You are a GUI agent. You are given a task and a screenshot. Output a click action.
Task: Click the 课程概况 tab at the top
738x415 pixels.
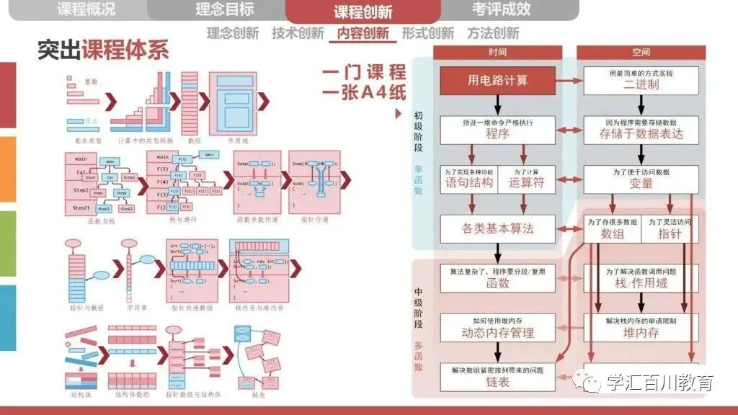point(85,10)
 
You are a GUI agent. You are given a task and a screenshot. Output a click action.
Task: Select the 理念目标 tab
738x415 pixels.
point(224,10)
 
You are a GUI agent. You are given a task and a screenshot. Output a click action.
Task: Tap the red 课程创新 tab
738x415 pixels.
point(363,12)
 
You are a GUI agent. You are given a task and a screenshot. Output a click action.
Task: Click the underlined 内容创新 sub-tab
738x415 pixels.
point(363,34)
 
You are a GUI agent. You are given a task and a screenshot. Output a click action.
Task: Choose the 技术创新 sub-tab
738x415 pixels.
point(298,34)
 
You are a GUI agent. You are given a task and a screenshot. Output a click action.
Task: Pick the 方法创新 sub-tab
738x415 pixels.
point(492,34)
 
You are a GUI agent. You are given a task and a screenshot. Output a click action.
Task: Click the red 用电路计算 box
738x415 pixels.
point(497,80)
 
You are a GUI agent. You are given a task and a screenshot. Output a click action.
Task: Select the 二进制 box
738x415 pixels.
point(641,80)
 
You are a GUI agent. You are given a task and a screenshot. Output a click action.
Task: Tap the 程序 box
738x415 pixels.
point(497,130)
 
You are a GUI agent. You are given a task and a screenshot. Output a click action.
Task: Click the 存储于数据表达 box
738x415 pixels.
point(641,130)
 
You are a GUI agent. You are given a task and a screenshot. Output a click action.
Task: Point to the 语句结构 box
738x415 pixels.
point(468,179)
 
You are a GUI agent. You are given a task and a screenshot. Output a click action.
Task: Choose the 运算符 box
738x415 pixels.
point(527,179)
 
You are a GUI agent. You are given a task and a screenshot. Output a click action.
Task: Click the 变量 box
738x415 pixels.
point(641,179)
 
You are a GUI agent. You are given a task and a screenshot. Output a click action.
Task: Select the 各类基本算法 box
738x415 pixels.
point(497,228)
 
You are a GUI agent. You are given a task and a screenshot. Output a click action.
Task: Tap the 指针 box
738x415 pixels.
point(670,229)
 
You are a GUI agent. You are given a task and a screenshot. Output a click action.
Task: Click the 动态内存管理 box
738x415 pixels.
point(497,328)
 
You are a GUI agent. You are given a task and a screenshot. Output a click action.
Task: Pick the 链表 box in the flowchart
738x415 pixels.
point(497,378)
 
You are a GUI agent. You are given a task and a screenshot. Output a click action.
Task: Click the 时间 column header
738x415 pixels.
point(497,52)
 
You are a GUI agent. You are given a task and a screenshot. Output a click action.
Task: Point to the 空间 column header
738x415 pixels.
point(641,52)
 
